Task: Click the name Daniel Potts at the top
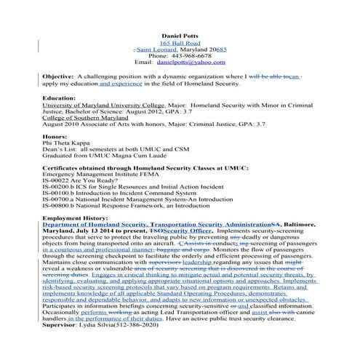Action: (x=179, y=33)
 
